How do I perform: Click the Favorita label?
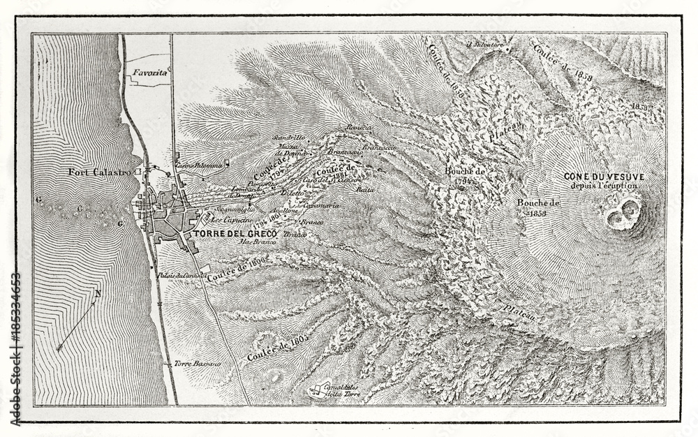coord(147,72)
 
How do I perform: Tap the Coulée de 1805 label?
coord(277,347)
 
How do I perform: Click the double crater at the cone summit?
coord(623,213)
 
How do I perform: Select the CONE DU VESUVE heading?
coord(604,177)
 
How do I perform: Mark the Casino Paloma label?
coord(199,165)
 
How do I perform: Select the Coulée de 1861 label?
coord(336,170)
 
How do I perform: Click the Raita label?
coord(361,189)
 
